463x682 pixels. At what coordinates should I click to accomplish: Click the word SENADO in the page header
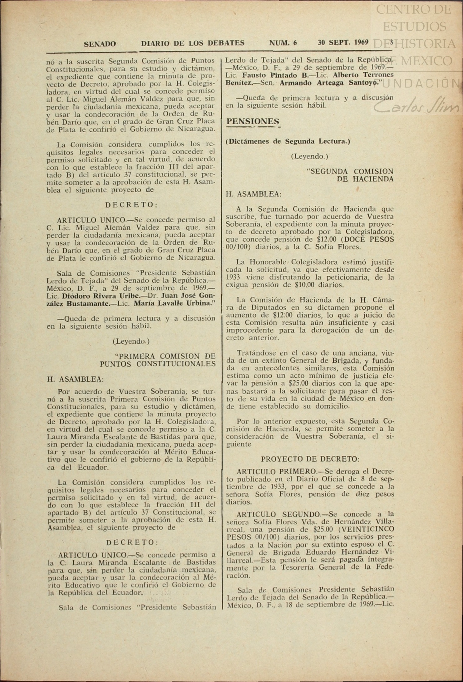pos(100,44)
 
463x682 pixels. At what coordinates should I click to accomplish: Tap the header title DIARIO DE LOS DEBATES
pos(193,43)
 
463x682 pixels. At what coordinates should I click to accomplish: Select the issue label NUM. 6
pos(283,43)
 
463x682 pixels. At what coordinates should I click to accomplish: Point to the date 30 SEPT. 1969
pos(343,42)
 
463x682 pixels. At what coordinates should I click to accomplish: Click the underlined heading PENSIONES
pos(253,121)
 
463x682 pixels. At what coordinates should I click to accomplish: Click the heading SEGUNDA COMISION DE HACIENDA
pos(350,175)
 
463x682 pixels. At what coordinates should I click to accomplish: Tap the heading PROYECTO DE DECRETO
pos(310,459)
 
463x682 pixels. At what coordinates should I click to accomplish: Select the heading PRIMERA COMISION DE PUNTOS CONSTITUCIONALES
pos(158,360)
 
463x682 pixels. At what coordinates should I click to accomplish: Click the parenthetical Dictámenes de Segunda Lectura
pos(288,141)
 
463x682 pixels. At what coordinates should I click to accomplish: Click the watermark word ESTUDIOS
pos(414,27)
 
